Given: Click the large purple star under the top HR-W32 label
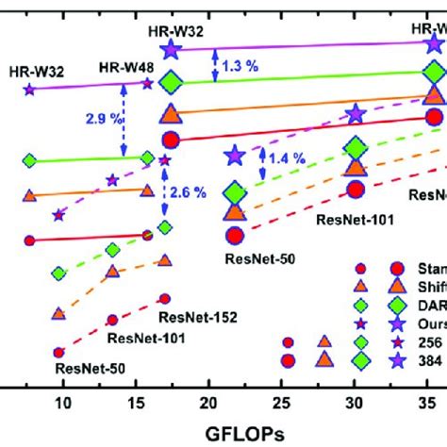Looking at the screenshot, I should pyautogui.click(x=171, y=51).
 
